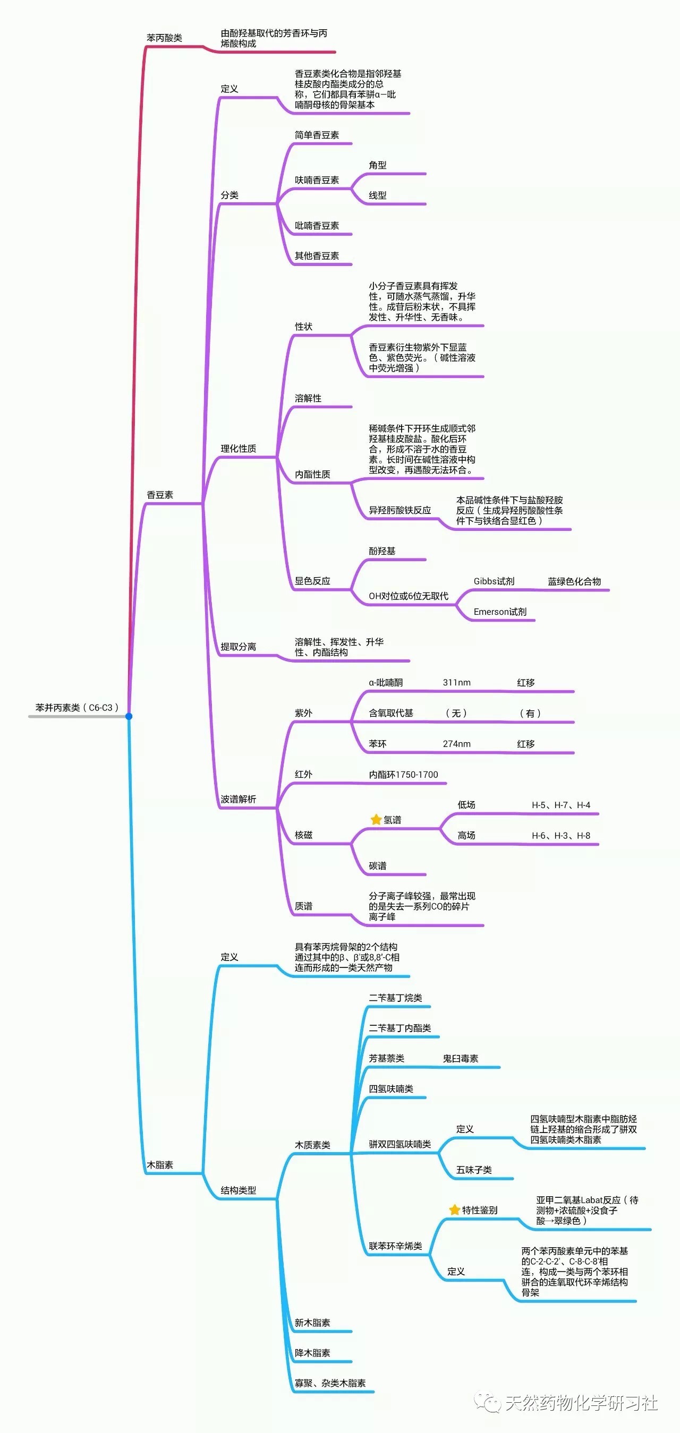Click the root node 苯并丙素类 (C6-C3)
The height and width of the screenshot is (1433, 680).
coord(77,708)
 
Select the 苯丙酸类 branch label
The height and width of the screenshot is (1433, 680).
coord(164,38)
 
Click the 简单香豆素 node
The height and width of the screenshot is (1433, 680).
coord(317,135)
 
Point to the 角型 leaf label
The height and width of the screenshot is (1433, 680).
coord(377,165)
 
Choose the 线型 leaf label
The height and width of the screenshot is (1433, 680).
coord(377,195)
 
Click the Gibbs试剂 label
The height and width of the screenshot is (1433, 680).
coord(494,581)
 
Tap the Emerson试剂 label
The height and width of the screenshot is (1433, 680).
coord(500,612)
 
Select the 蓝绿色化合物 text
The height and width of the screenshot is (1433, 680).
coord(574,581)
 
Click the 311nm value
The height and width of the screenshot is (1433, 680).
coord(456,683)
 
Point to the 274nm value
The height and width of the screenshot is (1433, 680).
coord(456,744)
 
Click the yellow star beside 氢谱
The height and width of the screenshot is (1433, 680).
coord(376,819)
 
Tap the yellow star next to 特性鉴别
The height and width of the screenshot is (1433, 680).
coord(454,1210)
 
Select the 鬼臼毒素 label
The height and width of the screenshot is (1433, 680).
coord(460,1059)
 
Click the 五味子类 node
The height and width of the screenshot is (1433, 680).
coord(473,1170)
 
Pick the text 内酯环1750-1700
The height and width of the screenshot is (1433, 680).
coord(403,774)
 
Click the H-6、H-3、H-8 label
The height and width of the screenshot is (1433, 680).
coord(560,836)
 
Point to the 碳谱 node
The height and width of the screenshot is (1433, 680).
coord(377,866)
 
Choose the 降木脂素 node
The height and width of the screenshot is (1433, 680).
coord(312,1353)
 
